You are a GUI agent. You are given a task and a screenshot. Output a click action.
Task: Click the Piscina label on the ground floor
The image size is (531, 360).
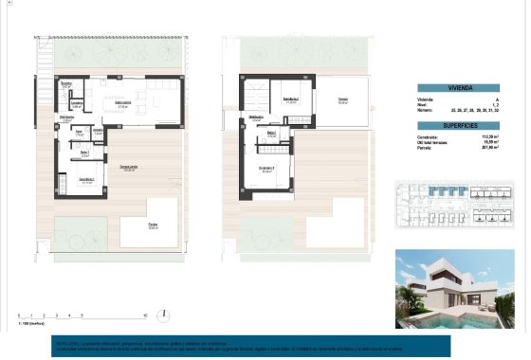tap(152, 225)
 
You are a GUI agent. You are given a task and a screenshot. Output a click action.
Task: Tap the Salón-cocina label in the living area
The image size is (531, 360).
tap(122, 104)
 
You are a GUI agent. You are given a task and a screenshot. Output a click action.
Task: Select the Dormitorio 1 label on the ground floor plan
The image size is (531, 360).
tap(86, 179)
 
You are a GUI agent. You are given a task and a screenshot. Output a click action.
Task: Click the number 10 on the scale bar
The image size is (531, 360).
tap(144, 314)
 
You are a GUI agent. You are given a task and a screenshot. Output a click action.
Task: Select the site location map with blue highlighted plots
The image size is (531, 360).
tap(452, 208)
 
